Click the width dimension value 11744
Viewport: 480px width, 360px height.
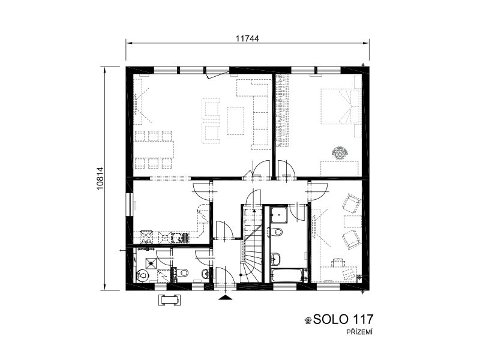coord(247,38)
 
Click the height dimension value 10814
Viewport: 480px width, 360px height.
coord(100,178)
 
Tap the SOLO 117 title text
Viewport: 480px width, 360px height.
coord(343,319)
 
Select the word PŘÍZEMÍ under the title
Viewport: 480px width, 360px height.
coord(359,332)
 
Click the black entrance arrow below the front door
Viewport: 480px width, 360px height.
coord(225,298)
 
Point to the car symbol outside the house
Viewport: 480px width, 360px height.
coord(169,299)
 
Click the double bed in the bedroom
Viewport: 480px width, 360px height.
coord(340,107)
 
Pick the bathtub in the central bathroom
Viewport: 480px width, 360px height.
coord(289,275)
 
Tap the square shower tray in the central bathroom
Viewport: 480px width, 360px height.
coord(279,215)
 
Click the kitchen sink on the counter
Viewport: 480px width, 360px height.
coord(181,237)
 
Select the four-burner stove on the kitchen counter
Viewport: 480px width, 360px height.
coord(146,237)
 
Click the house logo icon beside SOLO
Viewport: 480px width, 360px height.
coord(308,320)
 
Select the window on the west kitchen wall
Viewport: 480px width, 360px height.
coord(131,205)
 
